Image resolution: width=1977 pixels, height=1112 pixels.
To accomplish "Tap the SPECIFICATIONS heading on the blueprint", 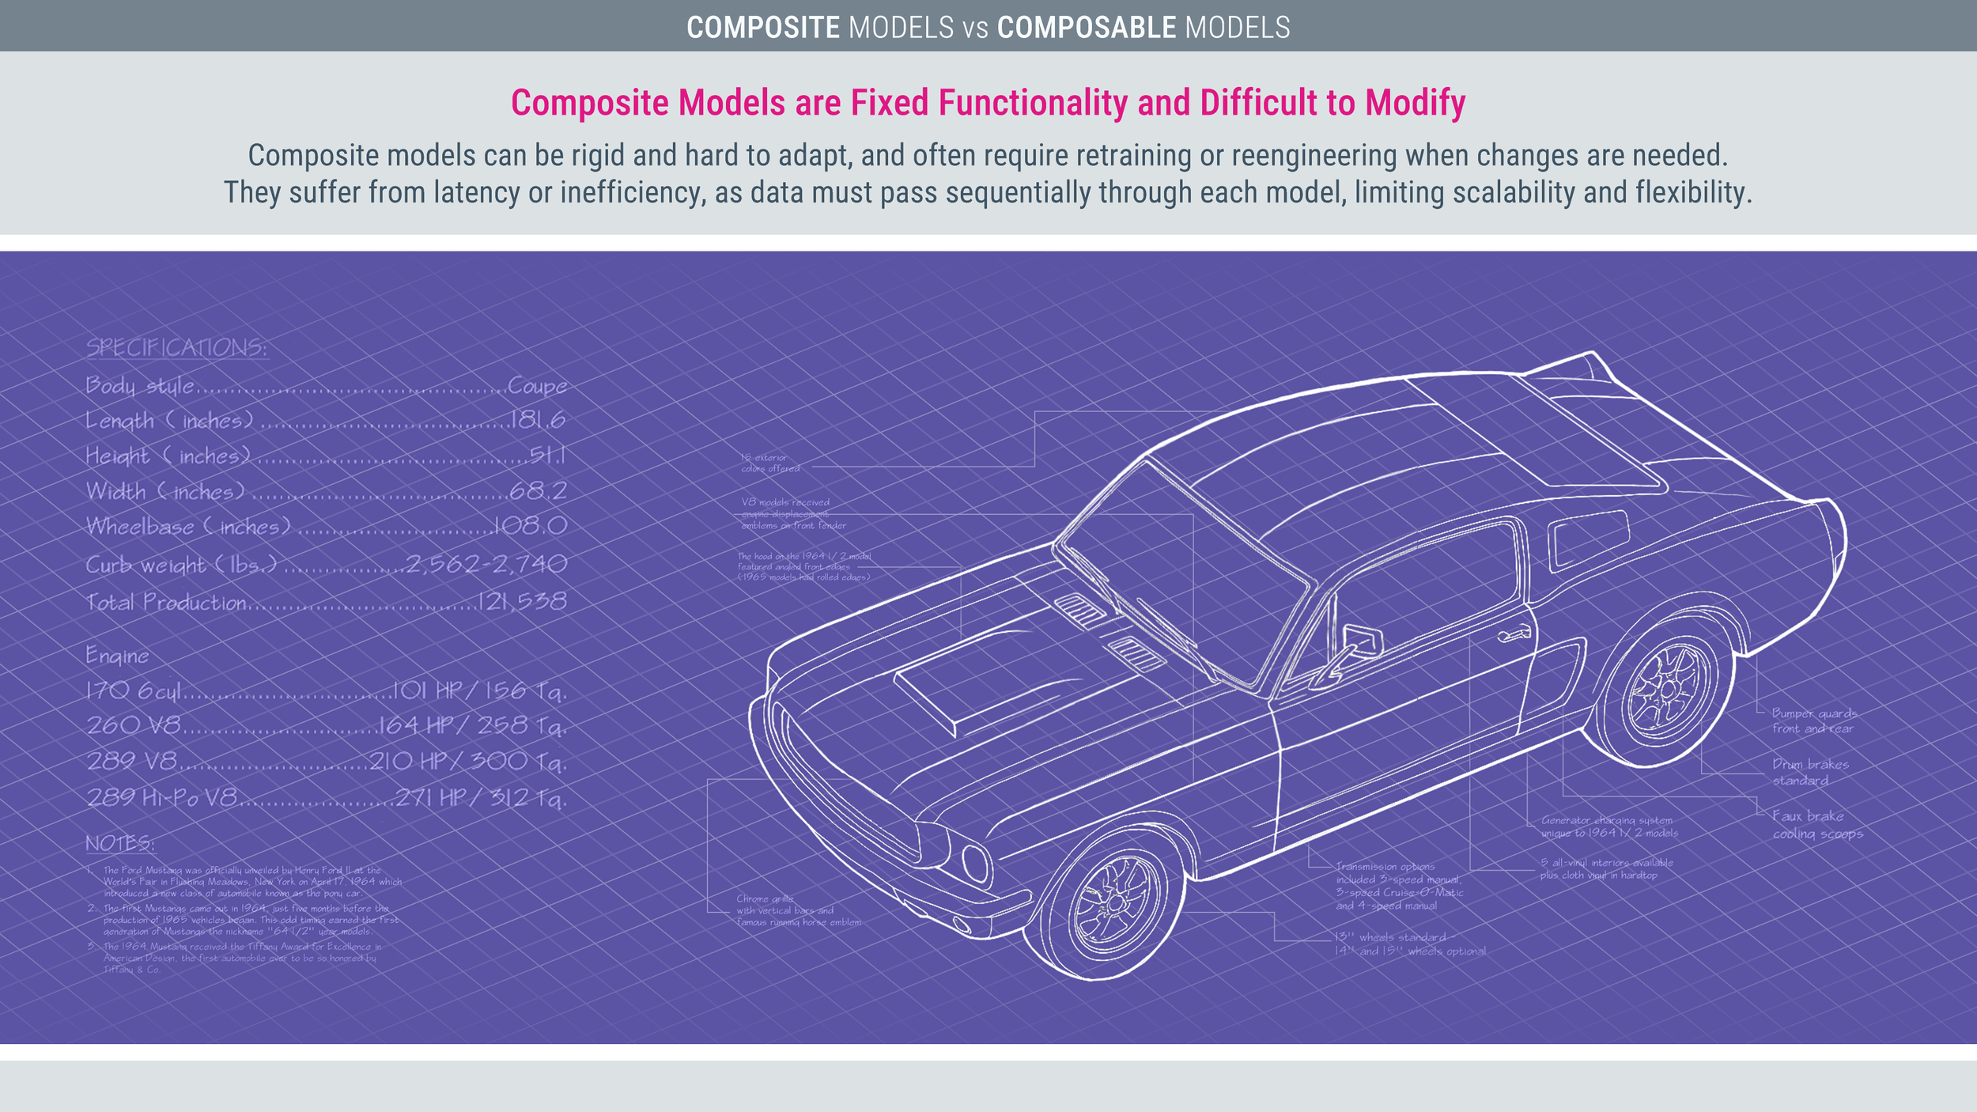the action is [176, 348].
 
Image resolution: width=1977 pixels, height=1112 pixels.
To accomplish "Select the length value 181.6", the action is [538, 420].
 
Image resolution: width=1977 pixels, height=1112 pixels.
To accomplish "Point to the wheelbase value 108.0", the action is [530, 526].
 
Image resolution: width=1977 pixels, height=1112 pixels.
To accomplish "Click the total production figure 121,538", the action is [522, 602].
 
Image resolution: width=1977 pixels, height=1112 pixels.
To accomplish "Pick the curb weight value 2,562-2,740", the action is [486, 564].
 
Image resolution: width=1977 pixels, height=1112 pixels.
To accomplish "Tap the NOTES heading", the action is [119, 844].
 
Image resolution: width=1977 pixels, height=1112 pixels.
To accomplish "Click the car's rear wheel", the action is [1667, 690].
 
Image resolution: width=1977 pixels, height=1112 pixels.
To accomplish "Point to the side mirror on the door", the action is [1362, 638].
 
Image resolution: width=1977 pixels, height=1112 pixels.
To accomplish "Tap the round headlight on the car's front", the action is [976, 862].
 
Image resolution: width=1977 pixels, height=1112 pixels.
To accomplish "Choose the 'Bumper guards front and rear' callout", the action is [1813, 721].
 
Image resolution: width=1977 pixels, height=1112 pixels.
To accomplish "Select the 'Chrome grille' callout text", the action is [797, 910].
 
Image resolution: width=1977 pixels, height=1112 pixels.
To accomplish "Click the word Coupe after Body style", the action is [537, 386].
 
